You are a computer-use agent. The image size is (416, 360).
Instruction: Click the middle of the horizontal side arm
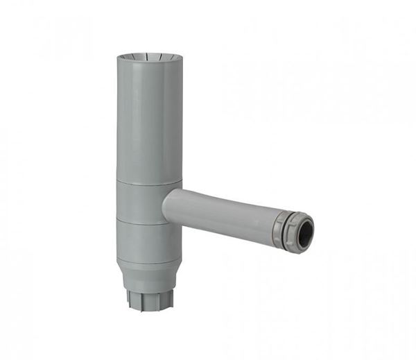point(222,212)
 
